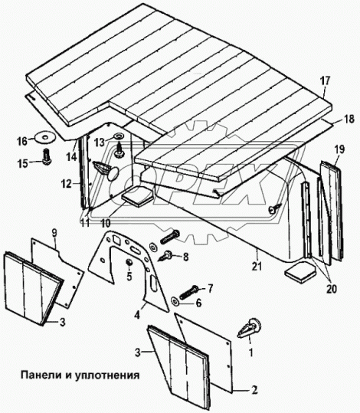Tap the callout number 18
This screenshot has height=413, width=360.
click(349, 119)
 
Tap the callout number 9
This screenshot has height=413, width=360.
click(54, 231)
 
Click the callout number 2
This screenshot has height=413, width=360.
click(252, 390)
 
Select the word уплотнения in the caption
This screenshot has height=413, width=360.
click(103, 376)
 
